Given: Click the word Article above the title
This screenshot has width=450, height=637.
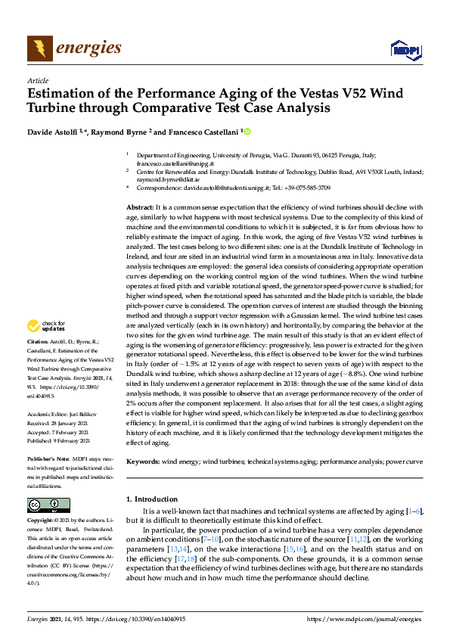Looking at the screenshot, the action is pyautogui.click(x=37, y=81).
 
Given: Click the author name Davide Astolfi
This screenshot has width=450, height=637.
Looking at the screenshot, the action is pyautogui.click(x=55, y=132).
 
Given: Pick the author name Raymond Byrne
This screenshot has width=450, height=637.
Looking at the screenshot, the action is pyautogui.click(x=121, y=132).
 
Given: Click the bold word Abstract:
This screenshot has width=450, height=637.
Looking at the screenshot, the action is pyautogui.click(x=140, y=207).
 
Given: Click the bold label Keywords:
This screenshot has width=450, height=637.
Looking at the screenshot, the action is pyautogui.click(x=142, y=461).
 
